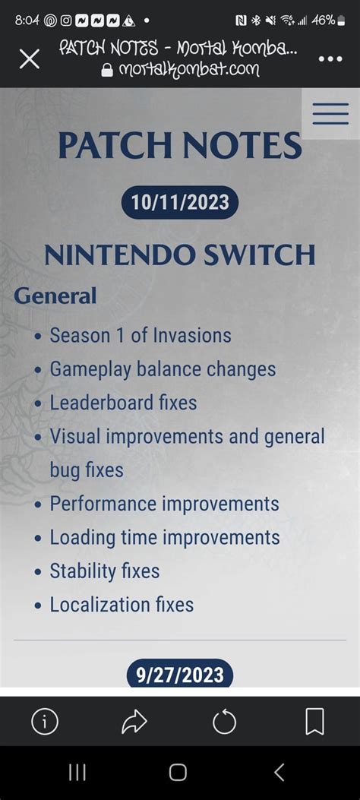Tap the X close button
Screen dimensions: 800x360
pyautogui.click(x=29, y=59)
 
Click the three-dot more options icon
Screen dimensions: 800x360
pyautogui.click(x=330, y=59)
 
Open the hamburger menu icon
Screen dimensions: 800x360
pyautogui.click(x=330, y=114)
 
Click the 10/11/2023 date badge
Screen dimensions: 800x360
pyautogui.click(x=180, y=203)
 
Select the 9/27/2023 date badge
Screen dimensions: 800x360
pyautogui.click(x=180, y=674)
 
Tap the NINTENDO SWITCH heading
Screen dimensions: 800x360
pyautogui.click(x=180, y=255)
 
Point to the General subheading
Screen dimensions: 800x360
pyautogui.click(x=55, y=296)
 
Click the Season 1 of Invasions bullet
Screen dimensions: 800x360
pyautogui.click(x=141, y=335)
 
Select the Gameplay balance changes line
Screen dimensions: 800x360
pyautogui.click(x=163, y=369)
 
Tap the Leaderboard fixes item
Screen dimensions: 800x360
pyautogui.click(x=123, y=403)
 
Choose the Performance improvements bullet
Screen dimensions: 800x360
pyautogui.click(x=164, y=504)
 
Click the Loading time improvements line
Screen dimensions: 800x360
pyautogui.click(x=165, y=538)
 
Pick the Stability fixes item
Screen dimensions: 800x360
pyautogui.click(x=105, y=571)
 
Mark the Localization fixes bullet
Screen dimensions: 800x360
pyautogui.click(x=122, y=605)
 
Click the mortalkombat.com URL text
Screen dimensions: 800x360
pyautogui.click(x=189, y=70)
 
